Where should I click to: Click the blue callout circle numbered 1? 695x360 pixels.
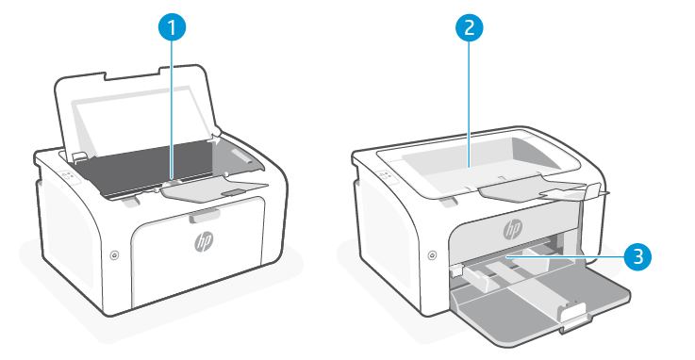pyautogui.click(x=172, y=27)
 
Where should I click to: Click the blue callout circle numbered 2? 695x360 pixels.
pyautogui.click(x=469, y=27)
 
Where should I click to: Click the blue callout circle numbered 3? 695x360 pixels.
pyautogui.click(x=637, y=256)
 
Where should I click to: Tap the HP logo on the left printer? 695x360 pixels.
pyautogui.click(x=205, y=241)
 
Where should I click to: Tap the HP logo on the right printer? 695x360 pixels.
pyautogui.click(x=512, y=229)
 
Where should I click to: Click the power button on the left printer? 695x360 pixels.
pyautogui.click(x=114, y=255)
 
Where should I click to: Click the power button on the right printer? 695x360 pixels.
pyautogui.click(x=432, y=255)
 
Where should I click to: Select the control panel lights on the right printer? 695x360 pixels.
pyautogui.click(x=386, y=175)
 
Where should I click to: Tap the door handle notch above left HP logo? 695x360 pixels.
pyautogui.click(x=205, y=215)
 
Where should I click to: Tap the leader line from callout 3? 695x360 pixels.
pyautogui.click(x=565, y=256)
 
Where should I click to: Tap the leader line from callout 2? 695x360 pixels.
pyautogui.click(x=469, y=104)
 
